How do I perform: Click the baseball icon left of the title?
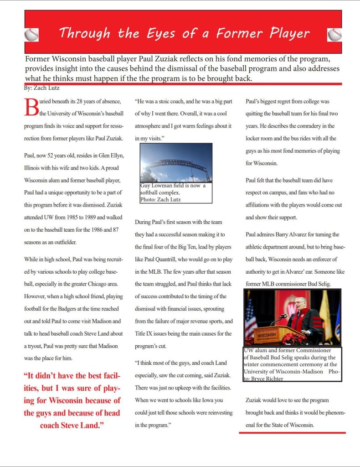tap(31, 35)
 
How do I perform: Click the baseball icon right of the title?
tap(334, 35)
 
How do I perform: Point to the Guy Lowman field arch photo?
tap(175, 163)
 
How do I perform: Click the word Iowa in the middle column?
tap(205, 400)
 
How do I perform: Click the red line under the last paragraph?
tap(292, 432)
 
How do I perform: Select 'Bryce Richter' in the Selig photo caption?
tap(266, 379)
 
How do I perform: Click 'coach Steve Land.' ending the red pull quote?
tap(72, 425)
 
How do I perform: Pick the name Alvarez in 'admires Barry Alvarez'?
tap(306, 234)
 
